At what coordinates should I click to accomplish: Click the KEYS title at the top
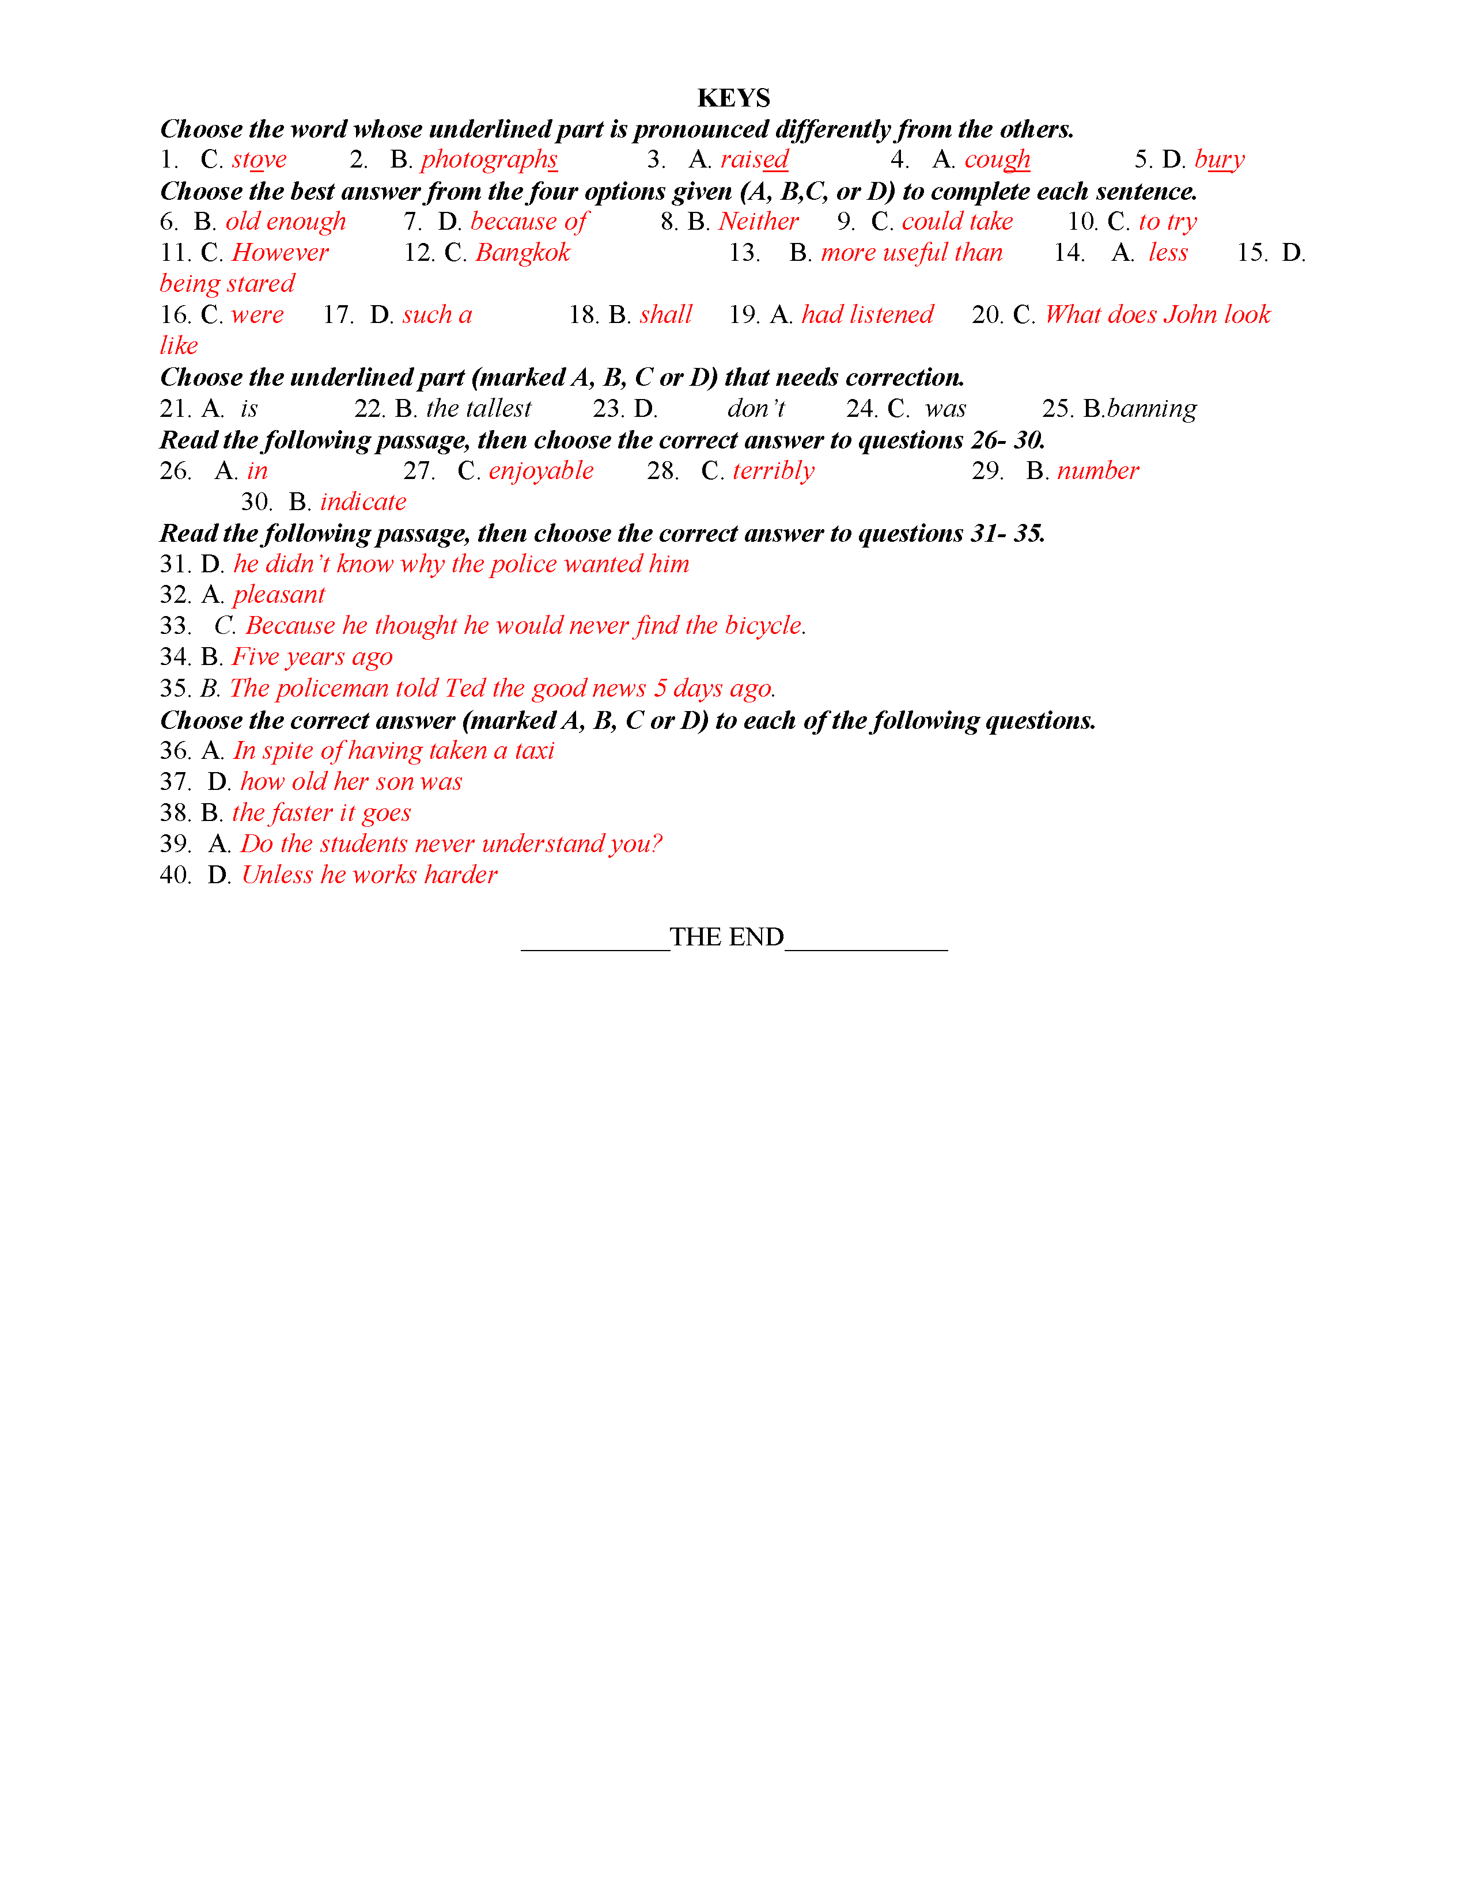(733, 97)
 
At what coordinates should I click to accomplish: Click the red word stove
(259, 160)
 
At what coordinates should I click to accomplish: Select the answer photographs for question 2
(489, 160)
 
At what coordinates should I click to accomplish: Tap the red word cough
(997, 160)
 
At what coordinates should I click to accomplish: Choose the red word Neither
(758, 222)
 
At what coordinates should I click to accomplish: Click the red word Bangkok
(523, 253)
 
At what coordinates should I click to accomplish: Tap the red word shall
(666, 315)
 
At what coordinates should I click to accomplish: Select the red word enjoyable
(542, 472)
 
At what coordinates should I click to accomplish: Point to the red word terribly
(774, 472)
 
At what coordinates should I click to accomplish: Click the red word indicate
(363, 502)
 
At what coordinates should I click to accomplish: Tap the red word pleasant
(278, 595)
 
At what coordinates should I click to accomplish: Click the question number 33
(175, 626)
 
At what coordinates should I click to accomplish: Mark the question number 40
(175, 875)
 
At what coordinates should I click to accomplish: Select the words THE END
(726, 937)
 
